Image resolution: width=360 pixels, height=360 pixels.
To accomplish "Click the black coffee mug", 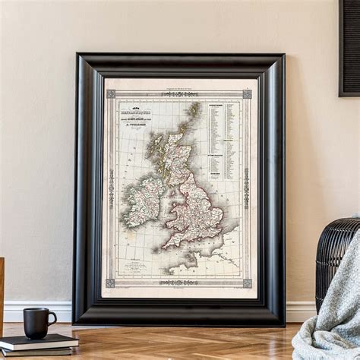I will coord(37,322).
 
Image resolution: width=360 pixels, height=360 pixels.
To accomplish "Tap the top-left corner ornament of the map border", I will coord(111,94).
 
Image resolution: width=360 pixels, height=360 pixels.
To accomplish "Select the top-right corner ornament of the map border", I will coord(247,94).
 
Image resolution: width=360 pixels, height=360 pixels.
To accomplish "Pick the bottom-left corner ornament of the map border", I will coord(111,283).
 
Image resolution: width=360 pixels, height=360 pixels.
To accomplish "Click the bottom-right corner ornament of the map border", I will coord(247,283).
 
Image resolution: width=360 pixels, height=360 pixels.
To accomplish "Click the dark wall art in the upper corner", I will coord(349,46).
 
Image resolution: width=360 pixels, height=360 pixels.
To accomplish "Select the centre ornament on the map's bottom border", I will coord(179,283).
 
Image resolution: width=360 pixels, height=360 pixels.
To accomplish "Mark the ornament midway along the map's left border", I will coord(111,188).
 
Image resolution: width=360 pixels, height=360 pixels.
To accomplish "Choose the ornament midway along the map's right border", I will coord(247,188).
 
